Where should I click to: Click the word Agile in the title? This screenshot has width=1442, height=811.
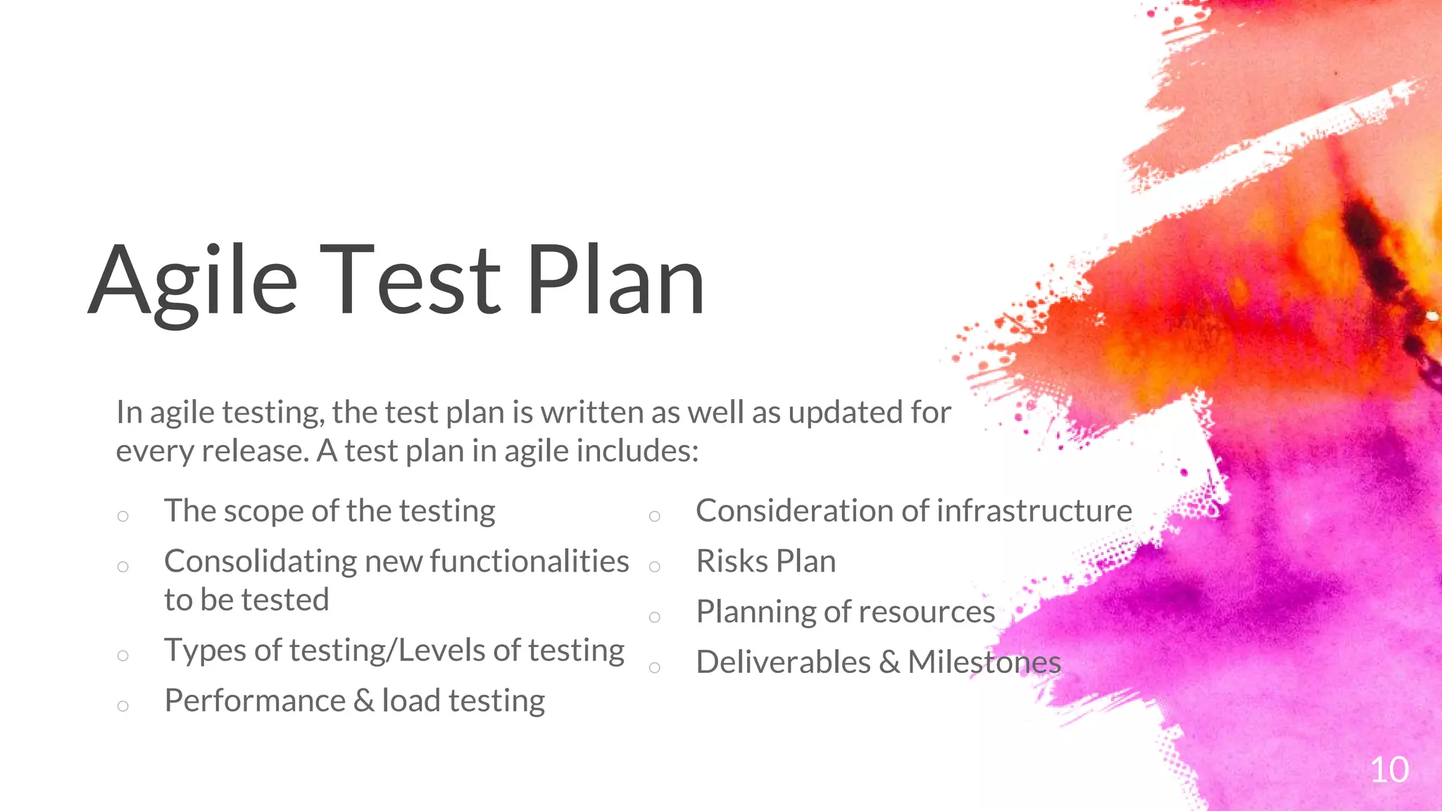[x=194, y=282]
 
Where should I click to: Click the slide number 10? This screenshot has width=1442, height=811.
[x=1389, y=769]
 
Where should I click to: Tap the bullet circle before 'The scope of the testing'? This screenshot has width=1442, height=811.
[x=123, y=516]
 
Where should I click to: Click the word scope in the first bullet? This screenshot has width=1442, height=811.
[x=267, y=512]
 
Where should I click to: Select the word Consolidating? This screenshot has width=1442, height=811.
[x=261, y=562]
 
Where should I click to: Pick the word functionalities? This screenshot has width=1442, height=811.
[x=529, y=562]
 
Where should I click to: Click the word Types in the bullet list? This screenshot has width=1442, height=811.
[x=206, y=651]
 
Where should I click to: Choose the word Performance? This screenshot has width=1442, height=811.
[x=255, y=701]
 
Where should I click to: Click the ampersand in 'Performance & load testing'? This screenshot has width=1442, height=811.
[x=363, y=701]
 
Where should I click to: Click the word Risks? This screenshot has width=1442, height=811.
[x=732, y=562]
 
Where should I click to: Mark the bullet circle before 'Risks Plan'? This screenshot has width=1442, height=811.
[x=655, y=567]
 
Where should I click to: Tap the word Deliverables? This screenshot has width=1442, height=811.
[x=783, y=662]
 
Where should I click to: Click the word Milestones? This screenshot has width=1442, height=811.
[x=984, y=662]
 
